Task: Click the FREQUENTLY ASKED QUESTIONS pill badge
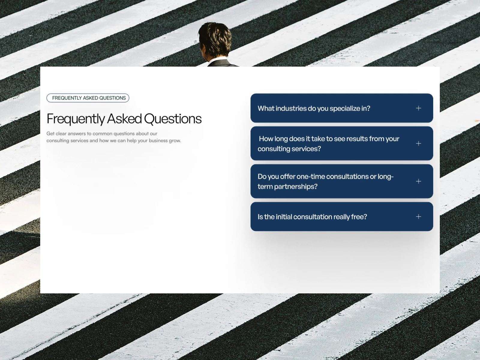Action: (88, 98)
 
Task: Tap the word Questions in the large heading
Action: (173, 119)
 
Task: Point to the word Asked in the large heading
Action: (124, 119)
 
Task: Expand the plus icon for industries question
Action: (418, 108)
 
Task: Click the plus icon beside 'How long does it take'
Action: (418, 143)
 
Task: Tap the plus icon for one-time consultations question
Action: (418, 181)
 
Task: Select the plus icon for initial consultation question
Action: (418, 217)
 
